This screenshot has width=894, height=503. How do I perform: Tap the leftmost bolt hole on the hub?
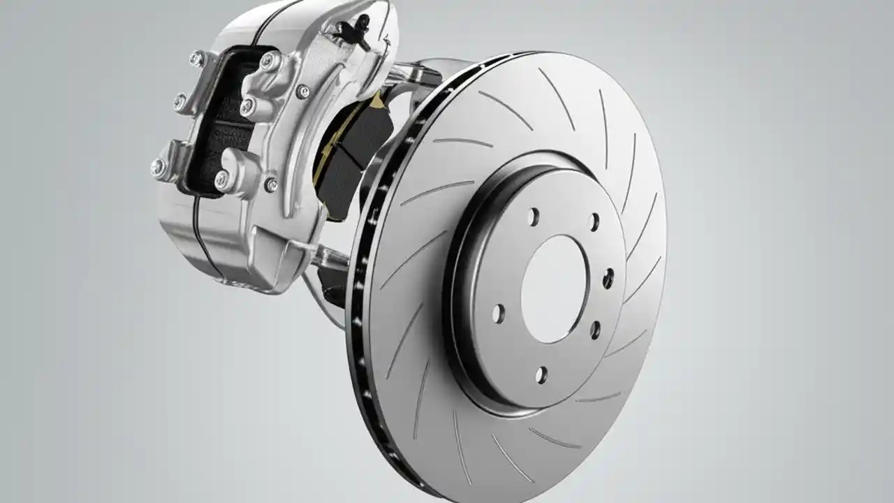(498, 314)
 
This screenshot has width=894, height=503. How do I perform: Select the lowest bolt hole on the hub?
(541, 375)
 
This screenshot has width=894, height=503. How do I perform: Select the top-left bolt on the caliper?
(196, 59)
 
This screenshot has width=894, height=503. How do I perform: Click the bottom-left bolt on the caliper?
(158, 167)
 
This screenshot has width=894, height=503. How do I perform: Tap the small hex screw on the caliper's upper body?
(303, 92)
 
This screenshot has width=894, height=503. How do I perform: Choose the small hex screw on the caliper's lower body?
(270, 184)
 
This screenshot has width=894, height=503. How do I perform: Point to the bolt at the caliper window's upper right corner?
(269, 61)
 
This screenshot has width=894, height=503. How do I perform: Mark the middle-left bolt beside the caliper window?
(181, 103)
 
